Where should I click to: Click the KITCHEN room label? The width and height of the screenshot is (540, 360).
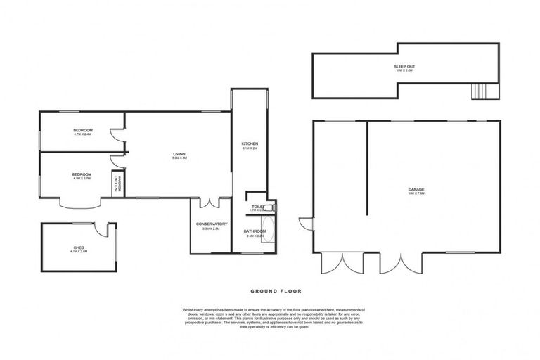pos(250,143)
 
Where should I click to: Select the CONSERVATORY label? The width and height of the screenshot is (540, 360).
pos(211,224)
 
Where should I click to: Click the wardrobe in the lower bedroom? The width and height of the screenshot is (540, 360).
pos(118,184)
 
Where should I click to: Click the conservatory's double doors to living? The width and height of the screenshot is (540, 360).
pos(210,203)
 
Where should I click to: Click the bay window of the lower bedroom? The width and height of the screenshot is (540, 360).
pos(76,203)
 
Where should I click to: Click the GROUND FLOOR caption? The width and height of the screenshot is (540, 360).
pos(269,290)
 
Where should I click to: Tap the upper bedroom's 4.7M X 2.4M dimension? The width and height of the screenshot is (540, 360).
pos(82,134)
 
